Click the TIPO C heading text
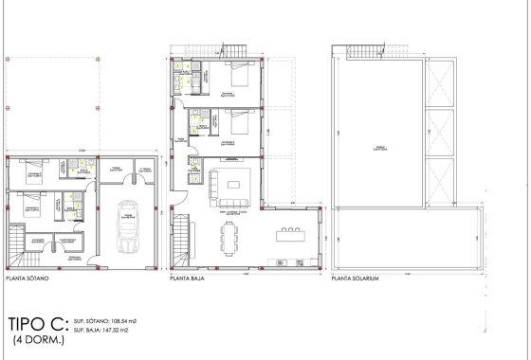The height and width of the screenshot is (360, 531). click(x=34, y=323)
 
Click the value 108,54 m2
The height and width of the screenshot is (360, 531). click(x=123, y=322)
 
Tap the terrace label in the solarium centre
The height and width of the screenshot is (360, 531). click(x=378, y=147)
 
